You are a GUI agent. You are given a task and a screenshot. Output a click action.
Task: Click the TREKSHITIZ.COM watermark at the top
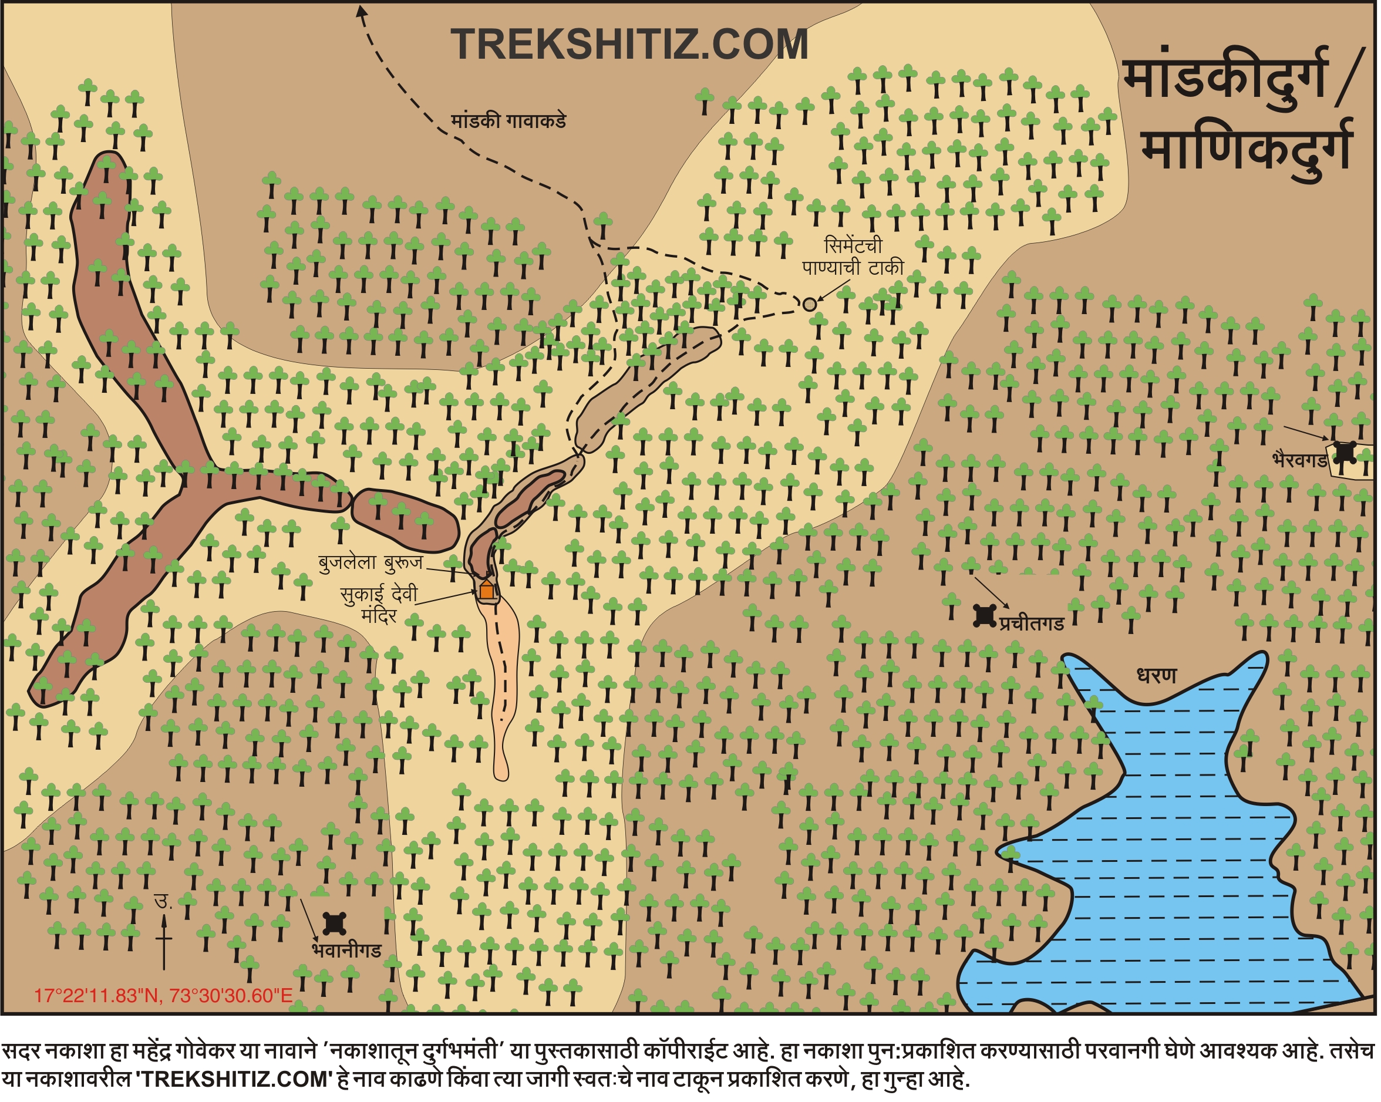(x=629, y=45)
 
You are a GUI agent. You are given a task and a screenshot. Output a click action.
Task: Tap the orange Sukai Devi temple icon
(x=487, y=589)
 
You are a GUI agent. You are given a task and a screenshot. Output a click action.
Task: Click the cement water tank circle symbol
(x=810, y=305)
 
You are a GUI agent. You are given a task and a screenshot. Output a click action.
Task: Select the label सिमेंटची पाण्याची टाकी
(x=853, y=257)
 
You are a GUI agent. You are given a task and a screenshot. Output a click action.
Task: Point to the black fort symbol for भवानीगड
(x=334, y=924)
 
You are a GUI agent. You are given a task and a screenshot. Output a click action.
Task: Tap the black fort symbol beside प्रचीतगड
(x=985, y=616)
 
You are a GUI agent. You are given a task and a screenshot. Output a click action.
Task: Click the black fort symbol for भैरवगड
(x=1345, y=453)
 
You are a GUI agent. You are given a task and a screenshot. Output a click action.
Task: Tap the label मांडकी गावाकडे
(x=508, y=122)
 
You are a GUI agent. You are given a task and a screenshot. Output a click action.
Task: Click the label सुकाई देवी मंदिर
(x=379, y=605)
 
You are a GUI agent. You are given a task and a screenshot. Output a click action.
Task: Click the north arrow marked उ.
(x=164, y=935)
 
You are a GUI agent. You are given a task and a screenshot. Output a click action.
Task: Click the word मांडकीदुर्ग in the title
(x=1224, y=80)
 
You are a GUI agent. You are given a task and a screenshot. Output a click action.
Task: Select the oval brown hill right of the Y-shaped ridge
(x=406, y=520)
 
